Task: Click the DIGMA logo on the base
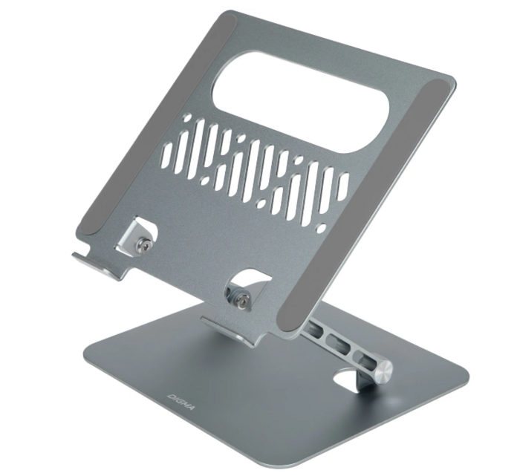181,402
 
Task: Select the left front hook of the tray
100,264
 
